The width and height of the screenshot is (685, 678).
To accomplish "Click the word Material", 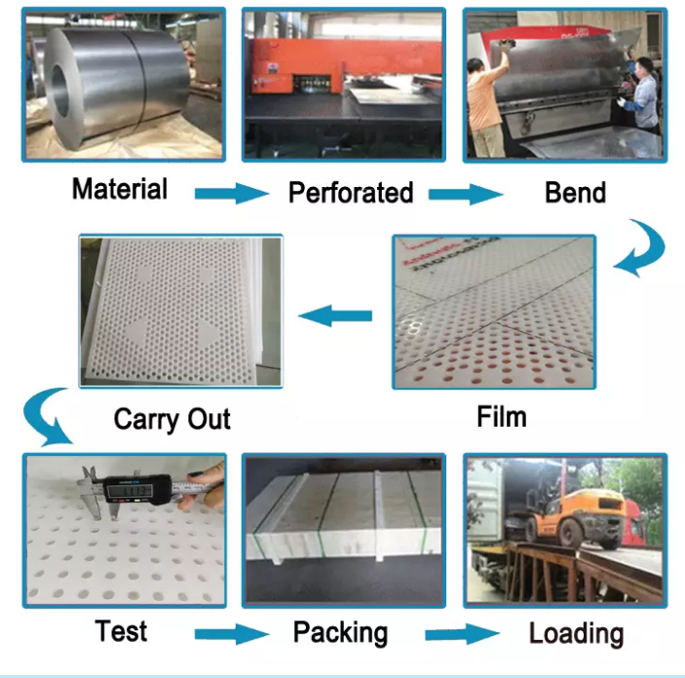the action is [x=120, y=189].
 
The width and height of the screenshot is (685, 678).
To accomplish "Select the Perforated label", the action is [x=351, y=192].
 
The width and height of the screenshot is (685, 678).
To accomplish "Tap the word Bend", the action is [x=575, y=192].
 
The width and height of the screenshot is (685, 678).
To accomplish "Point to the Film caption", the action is [x=502, y=416].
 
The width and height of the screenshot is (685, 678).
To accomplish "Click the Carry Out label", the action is [x=172, y=420].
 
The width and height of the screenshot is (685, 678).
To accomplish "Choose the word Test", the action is [x=121, y=631].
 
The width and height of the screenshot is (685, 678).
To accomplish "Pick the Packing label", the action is [x=340, y=632].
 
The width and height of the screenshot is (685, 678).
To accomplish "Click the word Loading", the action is [x=576, y=633].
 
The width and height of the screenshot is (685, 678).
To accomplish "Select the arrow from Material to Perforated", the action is [x=232, y=193].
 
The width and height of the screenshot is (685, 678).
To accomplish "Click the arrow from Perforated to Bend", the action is [x=466, y=194].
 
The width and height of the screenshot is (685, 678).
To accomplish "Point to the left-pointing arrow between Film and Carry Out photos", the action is [x=335, y=316].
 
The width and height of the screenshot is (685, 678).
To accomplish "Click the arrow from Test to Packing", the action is [x=232, y=634].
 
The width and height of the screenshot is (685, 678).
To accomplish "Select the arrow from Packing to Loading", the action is [x=462, y=634].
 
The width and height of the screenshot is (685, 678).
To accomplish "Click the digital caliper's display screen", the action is [x=131, y=491].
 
